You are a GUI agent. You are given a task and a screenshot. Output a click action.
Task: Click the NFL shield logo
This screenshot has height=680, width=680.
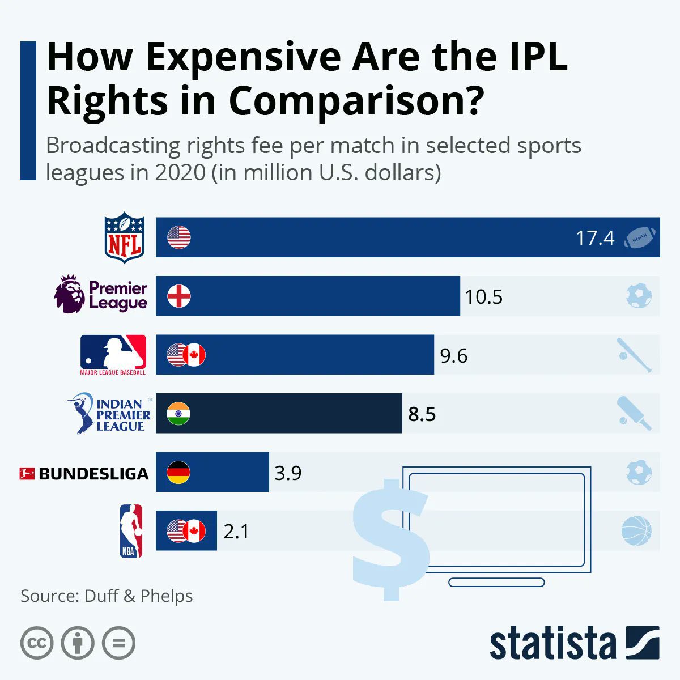pyautogui.click(x=125, y=237)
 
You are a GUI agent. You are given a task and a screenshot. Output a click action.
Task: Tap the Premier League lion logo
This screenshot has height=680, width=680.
pyautogui.click(x=70, y=294)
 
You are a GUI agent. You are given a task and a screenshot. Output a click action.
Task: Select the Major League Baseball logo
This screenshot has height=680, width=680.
pyautogui.click(x=113, y=352)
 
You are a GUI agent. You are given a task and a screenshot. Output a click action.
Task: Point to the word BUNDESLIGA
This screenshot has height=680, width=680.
pyautogui.click(x=93, y=474)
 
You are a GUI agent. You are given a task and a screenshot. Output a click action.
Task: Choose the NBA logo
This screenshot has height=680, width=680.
pyautogui.click(x=131, y=532)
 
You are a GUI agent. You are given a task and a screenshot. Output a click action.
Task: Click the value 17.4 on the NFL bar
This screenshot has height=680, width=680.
pyautogui.click(x=595, y=238)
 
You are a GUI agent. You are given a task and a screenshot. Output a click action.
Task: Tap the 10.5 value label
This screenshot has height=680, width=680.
pyautogui.click(x=483, y=297)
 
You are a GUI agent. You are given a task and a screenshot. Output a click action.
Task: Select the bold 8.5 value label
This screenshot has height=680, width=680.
pyautogui.click(x=422, y=414)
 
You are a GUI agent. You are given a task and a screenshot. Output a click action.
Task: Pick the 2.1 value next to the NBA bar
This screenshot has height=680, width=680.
pyautogui.click(x=236, y=532)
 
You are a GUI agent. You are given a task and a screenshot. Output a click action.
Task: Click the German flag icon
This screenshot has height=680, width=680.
pyautogui.click(x=178, y=472)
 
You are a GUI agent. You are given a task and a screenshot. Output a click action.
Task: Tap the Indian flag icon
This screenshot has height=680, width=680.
pyautogui.click(x=178, y=414)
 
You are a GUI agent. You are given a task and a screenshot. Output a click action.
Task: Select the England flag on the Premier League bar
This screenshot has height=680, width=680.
pyautogui.click(x=179, y=296)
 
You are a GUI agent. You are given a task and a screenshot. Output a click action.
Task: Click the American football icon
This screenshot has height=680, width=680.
pyautogui.click(x=640, y=238)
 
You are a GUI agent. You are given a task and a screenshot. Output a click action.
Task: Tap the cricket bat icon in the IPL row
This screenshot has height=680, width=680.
pyautogui.click(x=635, y=414)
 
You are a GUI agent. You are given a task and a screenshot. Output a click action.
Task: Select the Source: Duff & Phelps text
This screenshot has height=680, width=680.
pyautogui.click(x=107, y=596)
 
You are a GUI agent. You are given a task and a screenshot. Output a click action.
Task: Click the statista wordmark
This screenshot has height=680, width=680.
pyautogui.click(x=552, y=644)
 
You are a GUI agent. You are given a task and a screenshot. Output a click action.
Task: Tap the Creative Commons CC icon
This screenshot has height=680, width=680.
pyautogui.click(x=37, y=643)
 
